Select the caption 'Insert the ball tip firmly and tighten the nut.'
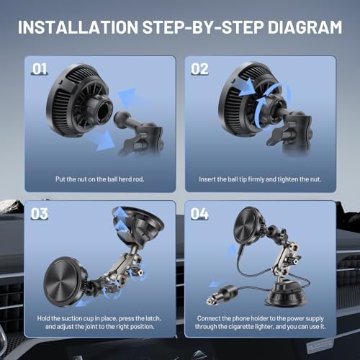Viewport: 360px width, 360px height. pos(261,178)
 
